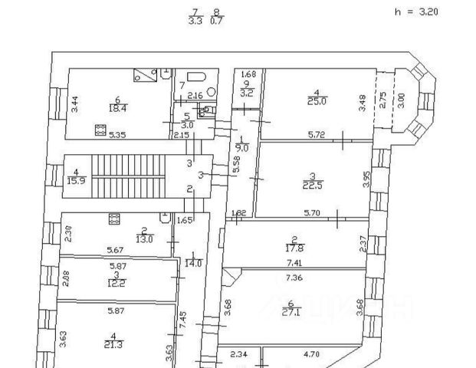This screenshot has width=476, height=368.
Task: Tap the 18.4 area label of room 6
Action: pos(118,107)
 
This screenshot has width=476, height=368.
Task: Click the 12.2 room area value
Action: pos(116,281)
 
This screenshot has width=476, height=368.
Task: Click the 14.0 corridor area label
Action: pos(194,262)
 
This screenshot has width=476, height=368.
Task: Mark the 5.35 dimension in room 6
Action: pos(117,135)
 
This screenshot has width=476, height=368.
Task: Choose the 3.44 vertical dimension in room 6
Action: pos(74,103)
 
